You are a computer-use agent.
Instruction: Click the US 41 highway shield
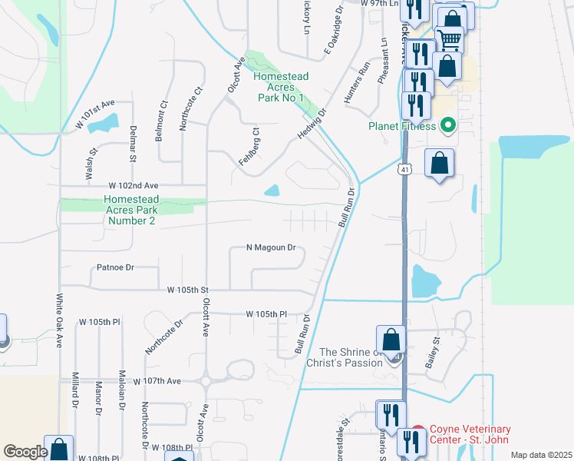click(x=405, y=168)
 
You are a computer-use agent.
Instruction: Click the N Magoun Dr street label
click(x=271, y=247)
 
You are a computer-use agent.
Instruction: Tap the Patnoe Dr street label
click(x=116, y=268)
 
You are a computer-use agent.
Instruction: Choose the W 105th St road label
click(x=189, y=290)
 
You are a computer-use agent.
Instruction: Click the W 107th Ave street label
click(x=157, y=381)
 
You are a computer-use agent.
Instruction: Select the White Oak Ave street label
click(x=58, y=320)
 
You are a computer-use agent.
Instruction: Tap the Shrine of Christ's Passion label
click(x=344, y=357)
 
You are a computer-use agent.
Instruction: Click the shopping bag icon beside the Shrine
click(x=391, y=338)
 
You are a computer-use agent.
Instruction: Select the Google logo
click(x=25, y=451)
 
